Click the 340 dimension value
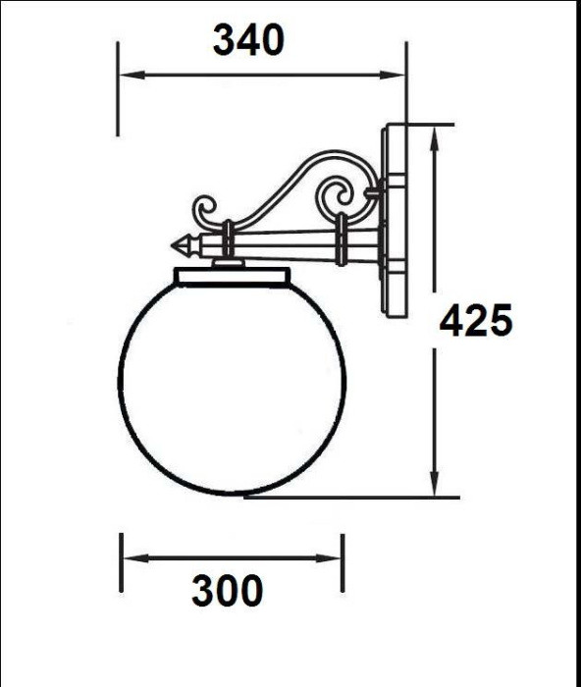click(x=248, y=40)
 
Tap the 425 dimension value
click(x=476, y=321)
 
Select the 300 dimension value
click(x=227, y=591)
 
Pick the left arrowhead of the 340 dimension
click(x=127, y=74)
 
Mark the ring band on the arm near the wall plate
click(x=341, y=241)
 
